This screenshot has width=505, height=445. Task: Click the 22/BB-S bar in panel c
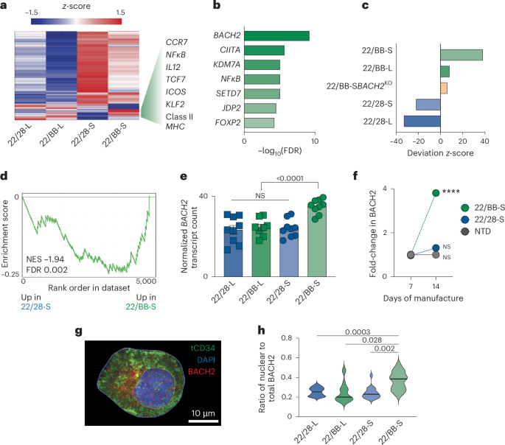point(461,55)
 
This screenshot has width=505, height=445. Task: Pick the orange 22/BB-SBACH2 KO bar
point(443,88)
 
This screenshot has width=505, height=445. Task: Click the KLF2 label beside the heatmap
point(175,105)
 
